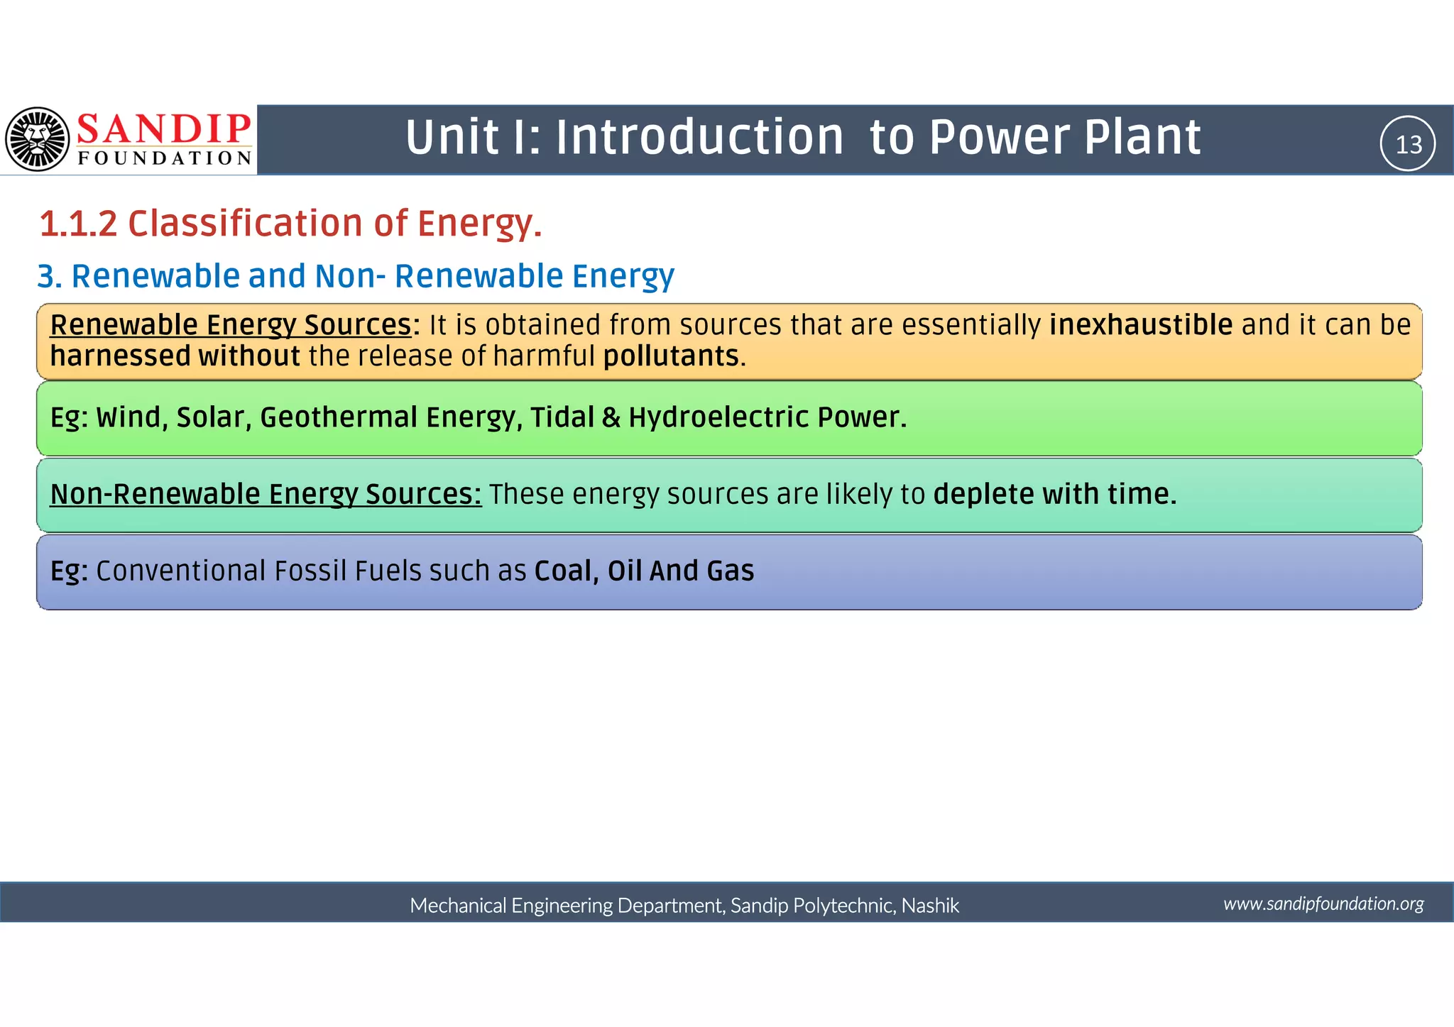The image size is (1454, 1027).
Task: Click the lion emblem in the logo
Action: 38,140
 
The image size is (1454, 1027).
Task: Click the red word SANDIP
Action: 164,129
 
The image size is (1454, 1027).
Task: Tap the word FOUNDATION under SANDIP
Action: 165,158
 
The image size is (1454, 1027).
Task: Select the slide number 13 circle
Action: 1408,144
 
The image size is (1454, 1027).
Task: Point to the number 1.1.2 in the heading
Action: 78,224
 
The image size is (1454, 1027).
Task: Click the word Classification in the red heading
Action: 246,224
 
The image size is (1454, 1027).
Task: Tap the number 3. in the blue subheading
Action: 50,277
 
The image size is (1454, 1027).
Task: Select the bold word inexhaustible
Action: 1141,325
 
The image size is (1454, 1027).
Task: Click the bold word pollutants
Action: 671,356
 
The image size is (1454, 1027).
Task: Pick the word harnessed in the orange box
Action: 120,356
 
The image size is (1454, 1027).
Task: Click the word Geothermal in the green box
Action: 339,417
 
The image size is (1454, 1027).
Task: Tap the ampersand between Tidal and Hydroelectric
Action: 611,417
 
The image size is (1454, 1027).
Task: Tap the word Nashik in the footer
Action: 930,906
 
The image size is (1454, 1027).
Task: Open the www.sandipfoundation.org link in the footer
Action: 1323,904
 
